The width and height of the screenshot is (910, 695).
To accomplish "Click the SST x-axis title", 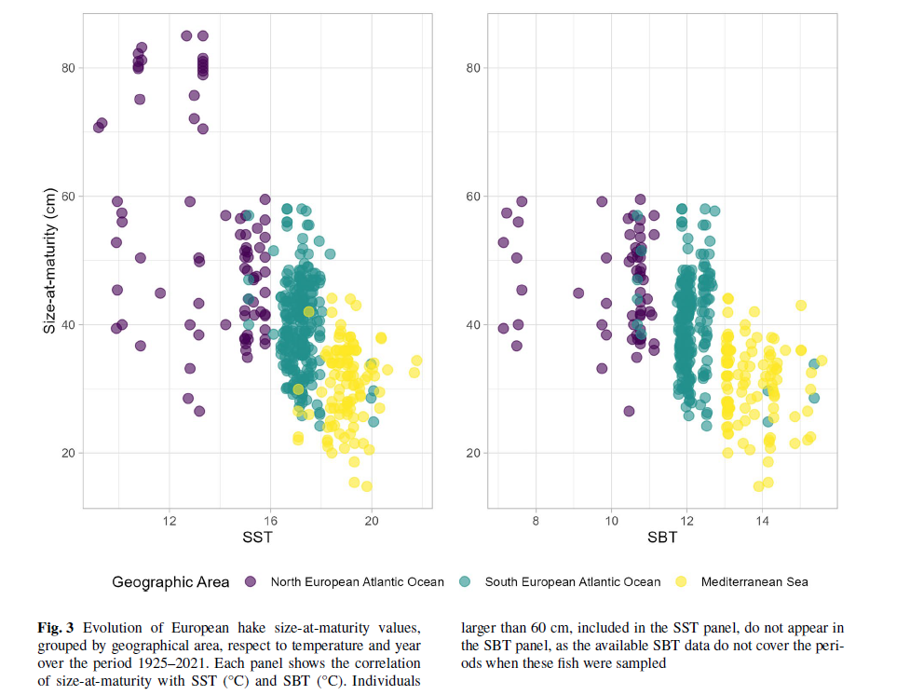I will click(x=258, y=538).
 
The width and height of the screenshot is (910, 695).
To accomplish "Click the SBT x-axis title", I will click(x=662, y=538).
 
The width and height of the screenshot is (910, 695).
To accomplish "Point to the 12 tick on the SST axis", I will click(x=170, y=519).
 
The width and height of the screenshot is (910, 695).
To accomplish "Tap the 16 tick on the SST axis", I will click(x=270, y=519).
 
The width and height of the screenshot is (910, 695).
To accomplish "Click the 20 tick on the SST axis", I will click(x=371, y=519).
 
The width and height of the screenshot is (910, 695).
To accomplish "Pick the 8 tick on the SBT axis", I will click(x=536, y=519).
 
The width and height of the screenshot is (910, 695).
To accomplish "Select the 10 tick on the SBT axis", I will click(x=611, y=519).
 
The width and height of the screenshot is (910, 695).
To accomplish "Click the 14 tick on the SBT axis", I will click(x=761, y=519).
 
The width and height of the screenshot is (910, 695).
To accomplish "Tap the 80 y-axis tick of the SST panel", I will click(x=68, y=68).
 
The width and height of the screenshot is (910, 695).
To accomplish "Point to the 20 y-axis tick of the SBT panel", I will click(x=472, y=453).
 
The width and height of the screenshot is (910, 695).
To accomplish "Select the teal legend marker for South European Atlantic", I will click(x=466, y=582).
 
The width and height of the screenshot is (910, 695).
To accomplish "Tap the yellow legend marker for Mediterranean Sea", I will click(x=681, y=582).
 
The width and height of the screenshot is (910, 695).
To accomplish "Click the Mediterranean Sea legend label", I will click(x=754, y=582).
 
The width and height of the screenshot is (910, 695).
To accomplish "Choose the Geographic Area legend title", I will click(x=170, y=582).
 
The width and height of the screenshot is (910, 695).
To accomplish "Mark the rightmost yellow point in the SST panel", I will click(x=416, y=361).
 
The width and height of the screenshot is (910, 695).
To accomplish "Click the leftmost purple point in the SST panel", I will click(x=98, y=128).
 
